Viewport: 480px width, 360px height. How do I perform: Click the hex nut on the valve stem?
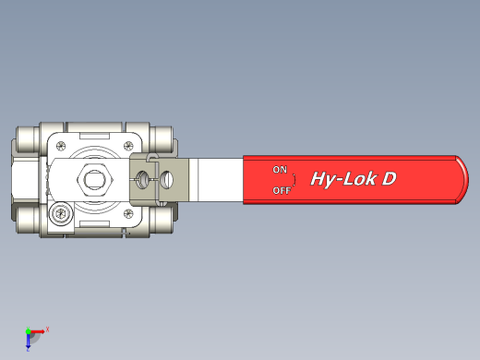point(93,179)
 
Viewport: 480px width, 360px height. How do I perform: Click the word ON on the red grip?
point(280,169)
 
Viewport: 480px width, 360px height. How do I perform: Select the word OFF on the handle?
point(282,190)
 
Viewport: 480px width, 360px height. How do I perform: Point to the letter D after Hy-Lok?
point(389,179)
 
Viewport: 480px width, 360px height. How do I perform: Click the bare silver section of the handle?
point(218,179)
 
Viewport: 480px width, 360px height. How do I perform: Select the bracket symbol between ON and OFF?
point(294,179)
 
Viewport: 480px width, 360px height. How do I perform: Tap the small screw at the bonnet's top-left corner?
point(61,144)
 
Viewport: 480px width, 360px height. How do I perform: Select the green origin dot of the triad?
point(28,330)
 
